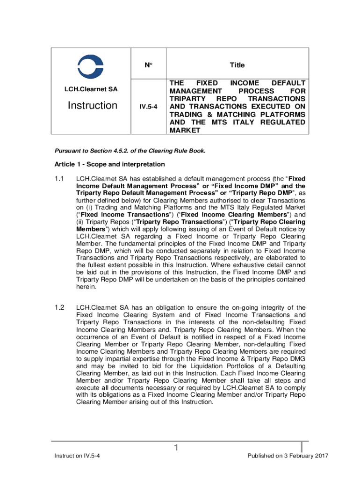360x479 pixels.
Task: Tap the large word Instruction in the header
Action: pos(92,106)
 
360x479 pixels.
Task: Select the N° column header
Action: pos(148,65)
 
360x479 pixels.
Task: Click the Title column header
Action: pos(237,65)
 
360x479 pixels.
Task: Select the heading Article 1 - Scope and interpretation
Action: pos(109,164)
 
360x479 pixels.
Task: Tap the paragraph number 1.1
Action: pos(58,179)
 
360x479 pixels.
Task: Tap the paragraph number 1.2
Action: pos(58,307)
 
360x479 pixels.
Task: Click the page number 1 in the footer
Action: pos(176,449)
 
